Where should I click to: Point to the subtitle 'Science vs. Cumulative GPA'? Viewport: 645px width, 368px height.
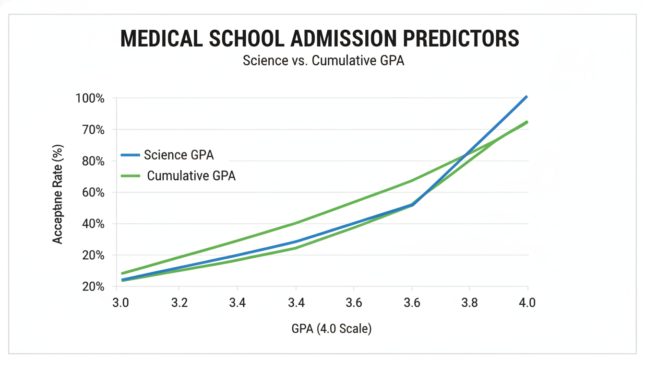(323, 61)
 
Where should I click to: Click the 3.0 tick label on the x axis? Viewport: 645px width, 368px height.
(120, 303)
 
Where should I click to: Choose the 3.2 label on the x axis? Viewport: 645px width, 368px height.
(179, 303)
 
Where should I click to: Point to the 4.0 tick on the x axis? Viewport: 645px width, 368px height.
(527, 303)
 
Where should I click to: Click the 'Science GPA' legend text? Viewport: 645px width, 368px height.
(179, 155)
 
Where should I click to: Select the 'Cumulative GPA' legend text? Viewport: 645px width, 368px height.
(191, 176)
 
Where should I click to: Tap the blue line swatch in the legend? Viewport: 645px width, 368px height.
(130, 155)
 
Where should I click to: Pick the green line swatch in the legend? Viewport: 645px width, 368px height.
(130, 176)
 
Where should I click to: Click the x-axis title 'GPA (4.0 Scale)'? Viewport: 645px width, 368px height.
(331, 329)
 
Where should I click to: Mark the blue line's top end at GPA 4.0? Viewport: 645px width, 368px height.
(527, 97)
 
